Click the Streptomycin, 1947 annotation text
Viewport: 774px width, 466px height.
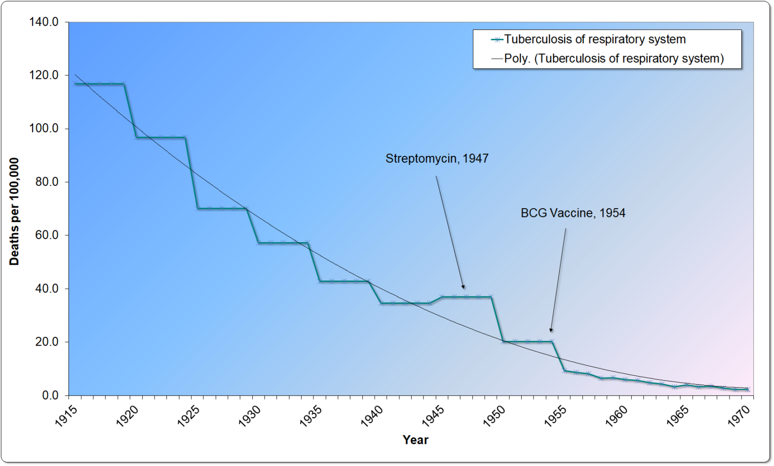437,158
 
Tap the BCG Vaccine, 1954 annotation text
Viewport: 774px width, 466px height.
573,213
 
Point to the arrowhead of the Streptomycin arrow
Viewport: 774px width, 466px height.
463,287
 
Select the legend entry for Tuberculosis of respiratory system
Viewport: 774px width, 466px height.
594,39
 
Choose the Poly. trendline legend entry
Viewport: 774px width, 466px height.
614,59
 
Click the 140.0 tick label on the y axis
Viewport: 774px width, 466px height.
43,22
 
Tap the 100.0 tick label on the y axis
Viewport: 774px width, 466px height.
43,129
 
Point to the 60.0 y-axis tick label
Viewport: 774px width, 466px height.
46,235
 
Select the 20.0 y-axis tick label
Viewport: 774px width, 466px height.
46,342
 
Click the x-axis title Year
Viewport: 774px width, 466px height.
415,440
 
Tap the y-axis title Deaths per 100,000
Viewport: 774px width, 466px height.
14,212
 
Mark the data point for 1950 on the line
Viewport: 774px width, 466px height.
503,341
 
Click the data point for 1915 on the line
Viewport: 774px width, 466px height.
75,84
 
